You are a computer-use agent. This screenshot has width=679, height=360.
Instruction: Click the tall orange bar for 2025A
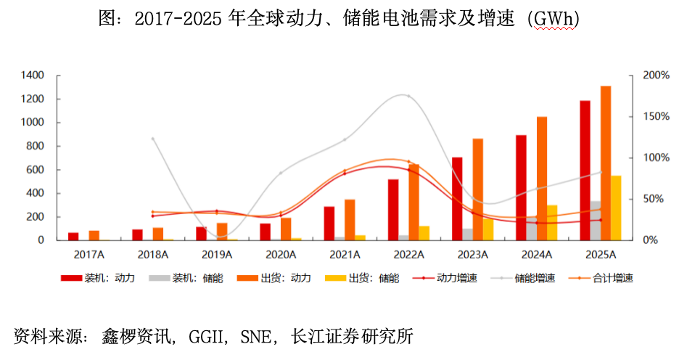point(605,163)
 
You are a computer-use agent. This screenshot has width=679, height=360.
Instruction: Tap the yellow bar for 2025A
point(616,208)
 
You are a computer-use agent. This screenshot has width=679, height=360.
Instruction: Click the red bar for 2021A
point(329,223)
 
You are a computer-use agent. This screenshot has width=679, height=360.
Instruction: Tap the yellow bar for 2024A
point(552,222)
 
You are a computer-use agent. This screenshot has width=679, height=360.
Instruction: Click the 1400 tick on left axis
point(33,75)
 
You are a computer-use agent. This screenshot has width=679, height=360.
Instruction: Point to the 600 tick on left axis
point(36,170)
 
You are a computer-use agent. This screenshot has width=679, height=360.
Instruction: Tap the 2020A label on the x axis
point(281,255)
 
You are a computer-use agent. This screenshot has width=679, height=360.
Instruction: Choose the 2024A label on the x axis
point(538,255)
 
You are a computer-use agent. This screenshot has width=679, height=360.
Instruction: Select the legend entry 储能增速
point(535,278)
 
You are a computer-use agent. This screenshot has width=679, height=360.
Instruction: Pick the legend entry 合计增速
point(612,278)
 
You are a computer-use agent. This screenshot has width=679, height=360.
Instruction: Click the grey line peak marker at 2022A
point(408,97)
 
